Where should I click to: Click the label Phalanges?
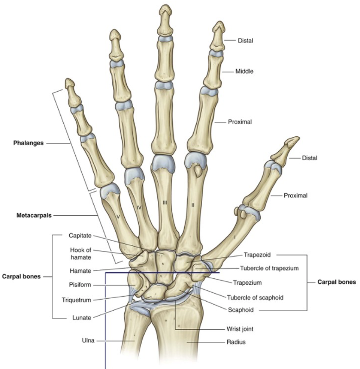[29, 143]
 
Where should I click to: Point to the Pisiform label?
[80, 285]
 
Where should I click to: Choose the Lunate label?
[81, 317]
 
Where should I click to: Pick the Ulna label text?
[89, 341]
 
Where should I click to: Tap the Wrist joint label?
[240, 329]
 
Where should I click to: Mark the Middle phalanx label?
[244, 72]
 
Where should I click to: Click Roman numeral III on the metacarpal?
[165, 203]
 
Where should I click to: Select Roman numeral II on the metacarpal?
[193, 205]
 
